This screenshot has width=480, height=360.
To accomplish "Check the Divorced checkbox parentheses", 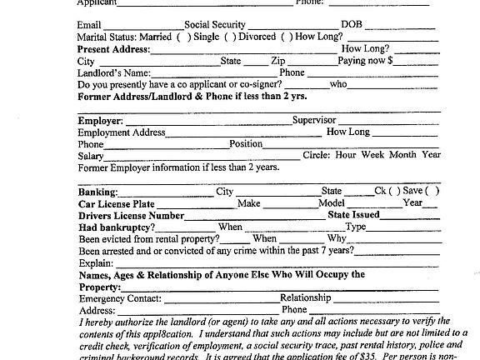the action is pyautogui.click(x=287, y=37).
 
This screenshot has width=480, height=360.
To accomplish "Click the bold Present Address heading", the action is pyautogui.click(x=113, y=50).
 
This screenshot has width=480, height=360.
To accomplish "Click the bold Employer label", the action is pyautogui.click(x=100, y=121).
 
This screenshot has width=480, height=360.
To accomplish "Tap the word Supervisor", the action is pyautogui.click(x=314, y=120).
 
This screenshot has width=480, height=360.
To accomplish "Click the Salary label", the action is pyautogui.click(x=91, y=156).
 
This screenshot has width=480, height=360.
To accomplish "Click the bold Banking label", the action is pyautogui.click(x=97, y=192).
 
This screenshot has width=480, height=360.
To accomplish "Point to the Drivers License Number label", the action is pyautogui.click(x=130, y=215).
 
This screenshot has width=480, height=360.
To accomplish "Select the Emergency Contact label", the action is pyautogui.click(x=119, y=297).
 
